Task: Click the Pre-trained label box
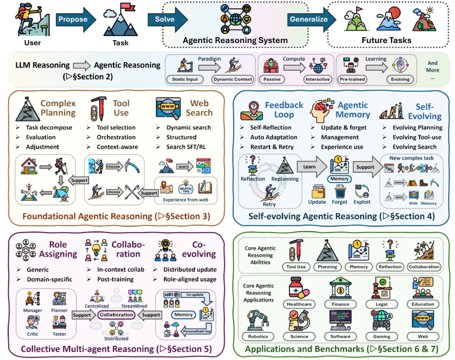click(352, 79)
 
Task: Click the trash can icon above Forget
click(340, 191)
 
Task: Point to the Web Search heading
click(199, 108)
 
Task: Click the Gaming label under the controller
click(381, 337)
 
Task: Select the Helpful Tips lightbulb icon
click(185, 187)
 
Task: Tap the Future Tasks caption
click(386, 40)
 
